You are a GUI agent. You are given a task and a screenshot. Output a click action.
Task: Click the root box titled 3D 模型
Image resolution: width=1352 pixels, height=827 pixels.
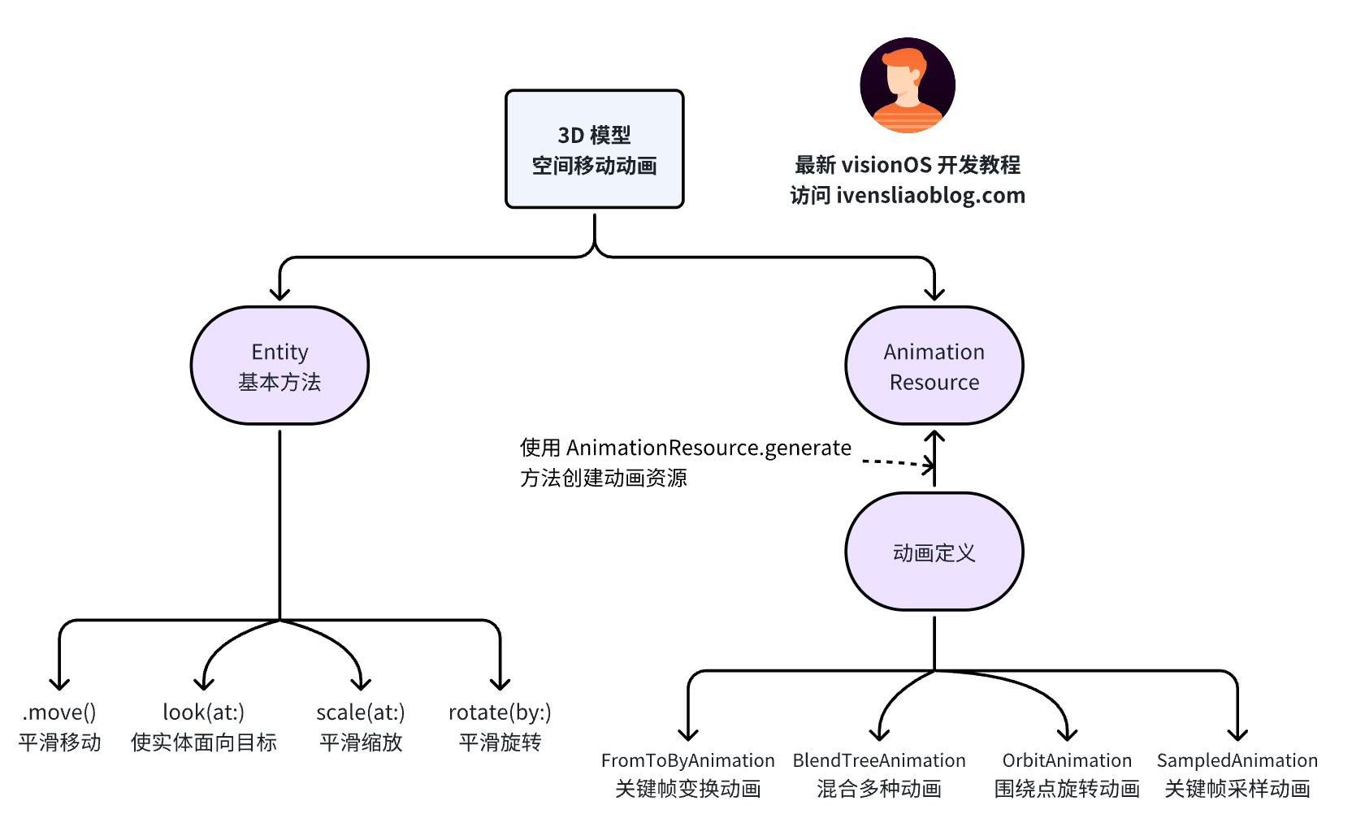coord(594,149)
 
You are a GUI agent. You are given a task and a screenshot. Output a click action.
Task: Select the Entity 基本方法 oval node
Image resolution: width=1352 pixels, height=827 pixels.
coord(279,366)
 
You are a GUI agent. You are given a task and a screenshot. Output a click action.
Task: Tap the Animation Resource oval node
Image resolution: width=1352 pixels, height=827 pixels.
coord(934,366)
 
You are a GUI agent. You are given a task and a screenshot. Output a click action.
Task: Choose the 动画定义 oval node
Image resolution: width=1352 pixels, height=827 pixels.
coord(934,552)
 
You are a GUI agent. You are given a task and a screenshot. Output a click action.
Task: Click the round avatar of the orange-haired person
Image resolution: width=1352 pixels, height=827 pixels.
coord(907,85)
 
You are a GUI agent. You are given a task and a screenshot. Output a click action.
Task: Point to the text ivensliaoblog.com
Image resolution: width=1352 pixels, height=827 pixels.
coord(930,196)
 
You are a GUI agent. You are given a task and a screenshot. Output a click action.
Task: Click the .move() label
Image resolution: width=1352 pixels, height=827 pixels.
coord(59,712)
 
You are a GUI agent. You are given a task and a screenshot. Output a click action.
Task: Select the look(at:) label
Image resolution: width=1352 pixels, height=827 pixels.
coord(203,712)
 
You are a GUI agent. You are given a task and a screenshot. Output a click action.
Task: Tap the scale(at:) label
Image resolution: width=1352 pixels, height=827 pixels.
coord(360,712)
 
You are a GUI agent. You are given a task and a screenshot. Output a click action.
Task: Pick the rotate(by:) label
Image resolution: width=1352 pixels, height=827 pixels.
coord(500,712)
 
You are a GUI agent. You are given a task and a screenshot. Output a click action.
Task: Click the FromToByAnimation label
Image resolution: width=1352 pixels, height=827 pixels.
coord(687,760)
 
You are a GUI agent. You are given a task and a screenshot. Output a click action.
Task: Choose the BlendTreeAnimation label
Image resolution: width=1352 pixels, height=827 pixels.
coord(879,760)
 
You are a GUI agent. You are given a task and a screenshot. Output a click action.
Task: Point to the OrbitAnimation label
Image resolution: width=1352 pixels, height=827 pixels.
coord(1067,760)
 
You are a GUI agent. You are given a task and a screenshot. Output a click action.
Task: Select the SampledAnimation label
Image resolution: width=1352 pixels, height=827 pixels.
coord(1237,760)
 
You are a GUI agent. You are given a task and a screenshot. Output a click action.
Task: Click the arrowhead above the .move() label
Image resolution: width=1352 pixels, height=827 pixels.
coord(59,683)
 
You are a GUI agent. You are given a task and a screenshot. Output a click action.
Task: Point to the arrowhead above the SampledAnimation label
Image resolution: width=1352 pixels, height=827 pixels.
coord(1237,734)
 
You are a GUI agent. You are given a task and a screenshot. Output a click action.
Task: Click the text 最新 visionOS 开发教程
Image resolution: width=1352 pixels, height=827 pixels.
coord(907,165)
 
